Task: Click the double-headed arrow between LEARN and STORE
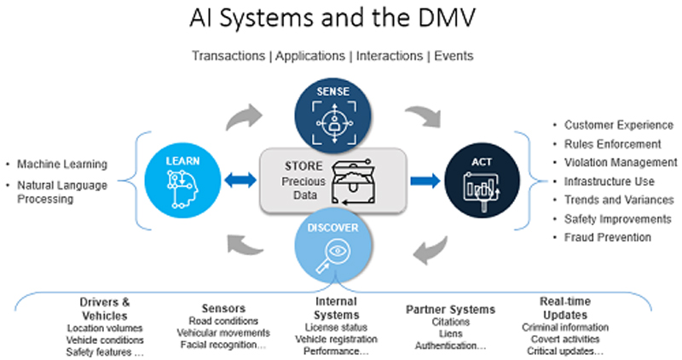(241, 180)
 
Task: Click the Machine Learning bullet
(61, 164)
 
